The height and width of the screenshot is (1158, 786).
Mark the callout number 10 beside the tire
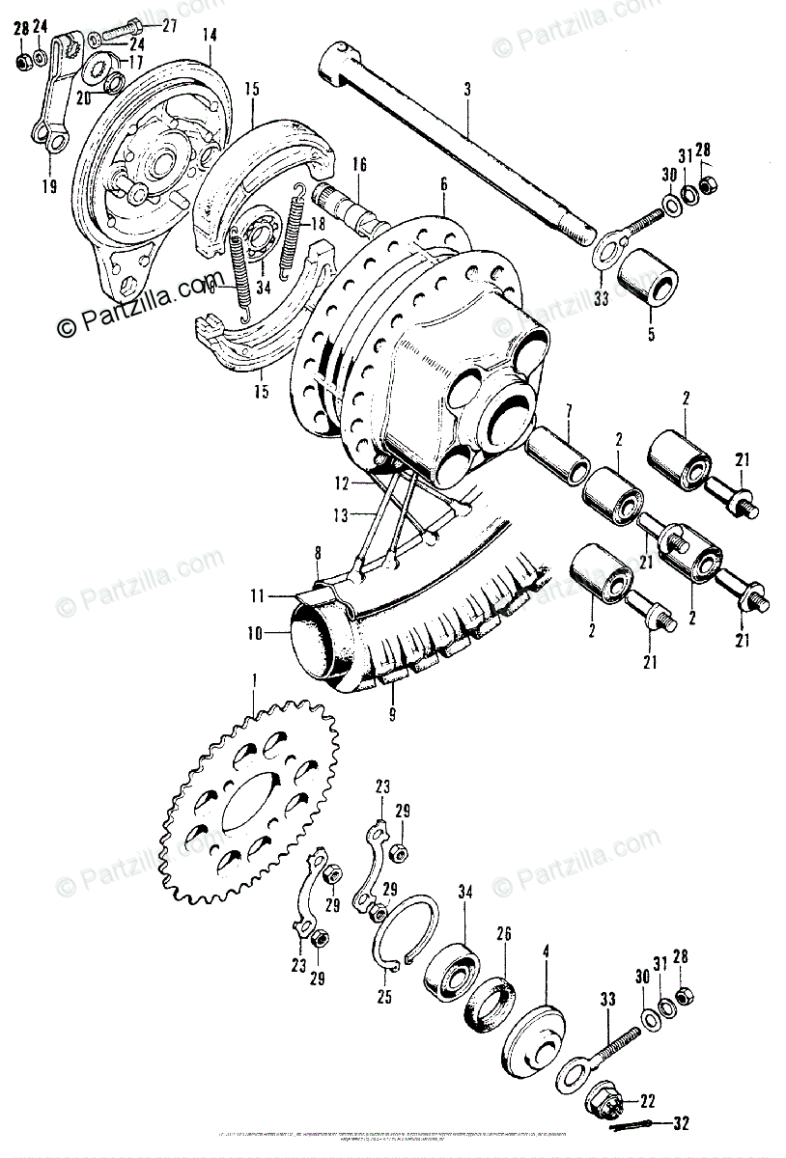pos(254,635)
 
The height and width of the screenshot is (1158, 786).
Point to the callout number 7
pos(570,413)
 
